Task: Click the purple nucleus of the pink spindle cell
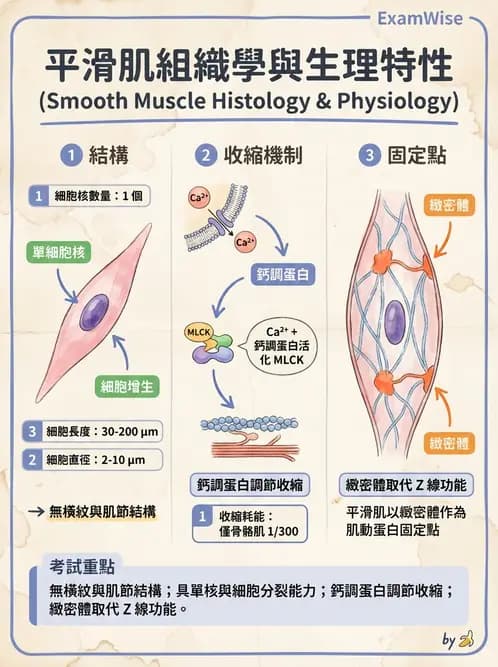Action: click(94, 311)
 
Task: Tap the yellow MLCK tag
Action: click(195, 330)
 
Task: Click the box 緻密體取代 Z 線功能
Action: click(403, 485)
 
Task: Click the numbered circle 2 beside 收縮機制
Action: click(205, 155)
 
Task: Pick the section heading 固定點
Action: click(417, 155)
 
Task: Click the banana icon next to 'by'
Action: click(466, 640)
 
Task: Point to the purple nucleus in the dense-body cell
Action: click(395, 320)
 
